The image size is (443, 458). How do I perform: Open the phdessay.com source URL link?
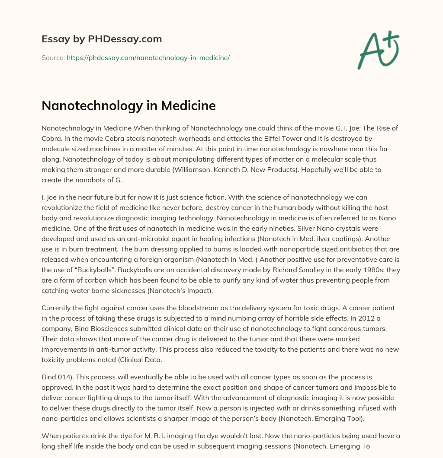[148, 57]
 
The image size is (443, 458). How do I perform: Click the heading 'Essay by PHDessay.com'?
[102, 39]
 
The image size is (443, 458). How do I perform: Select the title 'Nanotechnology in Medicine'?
[128, 106]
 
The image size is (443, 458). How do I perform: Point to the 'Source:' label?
[53, 57]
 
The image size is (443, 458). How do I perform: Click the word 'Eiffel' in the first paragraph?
[266, 139]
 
